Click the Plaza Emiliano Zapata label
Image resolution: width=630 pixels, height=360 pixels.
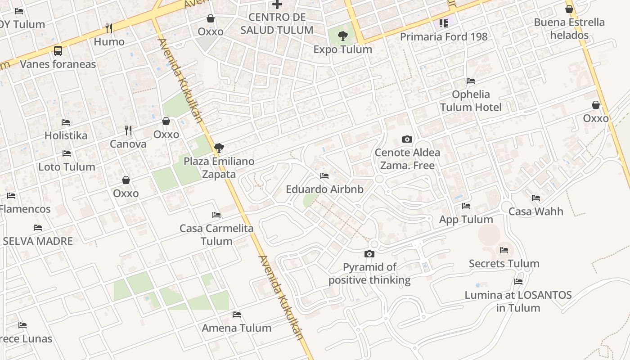point(219,167)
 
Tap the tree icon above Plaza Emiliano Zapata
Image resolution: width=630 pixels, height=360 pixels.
point(219,147)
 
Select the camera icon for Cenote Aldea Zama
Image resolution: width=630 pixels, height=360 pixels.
point(407,139)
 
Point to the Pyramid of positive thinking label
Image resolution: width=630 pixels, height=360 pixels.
point(369,274)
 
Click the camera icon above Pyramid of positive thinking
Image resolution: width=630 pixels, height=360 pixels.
point(369,254)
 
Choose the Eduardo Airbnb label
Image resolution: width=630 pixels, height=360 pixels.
point(324,189)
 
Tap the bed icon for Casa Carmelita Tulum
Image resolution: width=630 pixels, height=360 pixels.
point(216,215)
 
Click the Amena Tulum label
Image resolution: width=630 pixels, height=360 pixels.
point(237,328)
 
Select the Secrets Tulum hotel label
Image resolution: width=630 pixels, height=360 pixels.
point(504,264)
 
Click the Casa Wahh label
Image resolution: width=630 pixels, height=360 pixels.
point(535,211)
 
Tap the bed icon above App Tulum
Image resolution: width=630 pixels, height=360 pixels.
point(466,206)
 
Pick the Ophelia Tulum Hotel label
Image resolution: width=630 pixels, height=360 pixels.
point(471,101)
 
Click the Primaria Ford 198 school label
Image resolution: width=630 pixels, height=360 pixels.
point(444,37)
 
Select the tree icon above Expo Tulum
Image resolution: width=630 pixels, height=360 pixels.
point(343,36)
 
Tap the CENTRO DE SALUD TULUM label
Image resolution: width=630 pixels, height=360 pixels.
point(277,23)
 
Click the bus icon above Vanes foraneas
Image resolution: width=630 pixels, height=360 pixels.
point(58,50)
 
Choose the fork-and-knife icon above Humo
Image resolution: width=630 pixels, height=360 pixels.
point(109,28)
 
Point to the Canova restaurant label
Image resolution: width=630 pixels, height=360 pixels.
point(128,144)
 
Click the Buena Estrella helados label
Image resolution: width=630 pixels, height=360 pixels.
point(569,28)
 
